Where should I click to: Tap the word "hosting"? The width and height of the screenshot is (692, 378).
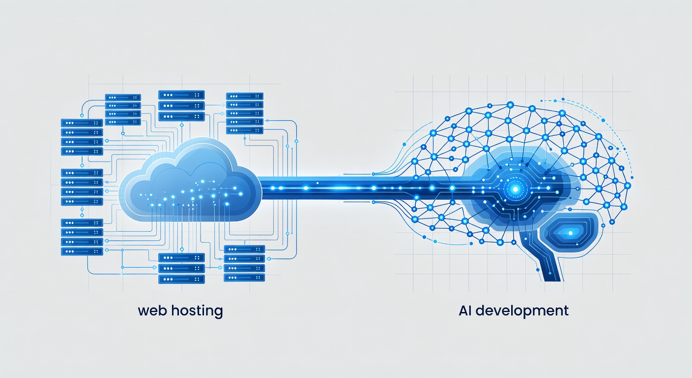tap(197, 312)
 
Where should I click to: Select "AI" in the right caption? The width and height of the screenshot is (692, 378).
tap(465, 311)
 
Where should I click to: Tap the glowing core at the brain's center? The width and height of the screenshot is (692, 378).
tap(515, 188)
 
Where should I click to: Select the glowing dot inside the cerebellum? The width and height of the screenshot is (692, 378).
tap(570, 233)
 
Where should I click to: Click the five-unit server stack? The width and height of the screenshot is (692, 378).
tap(244, 113)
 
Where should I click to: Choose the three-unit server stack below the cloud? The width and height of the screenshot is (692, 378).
tap(181, 268)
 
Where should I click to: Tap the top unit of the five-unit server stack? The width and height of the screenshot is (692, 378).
tap(244, 96)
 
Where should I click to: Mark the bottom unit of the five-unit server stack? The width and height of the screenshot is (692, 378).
tap(244, 130)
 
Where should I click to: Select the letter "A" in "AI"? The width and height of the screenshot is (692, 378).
tap(462, 311)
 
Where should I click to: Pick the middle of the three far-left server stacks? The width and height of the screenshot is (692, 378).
tap(82, 187)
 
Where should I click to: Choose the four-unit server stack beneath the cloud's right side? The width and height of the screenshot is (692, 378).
tap(244, 263)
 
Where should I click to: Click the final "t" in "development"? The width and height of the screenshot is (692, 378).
tap(566, 311)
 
